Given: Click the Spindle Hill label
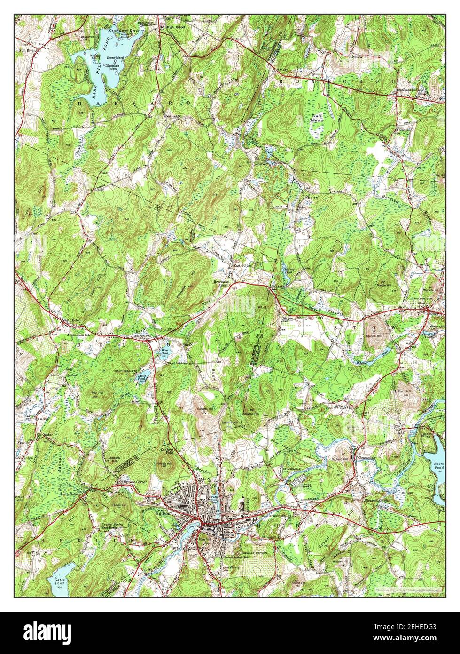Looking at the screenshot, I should [374, 338].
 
